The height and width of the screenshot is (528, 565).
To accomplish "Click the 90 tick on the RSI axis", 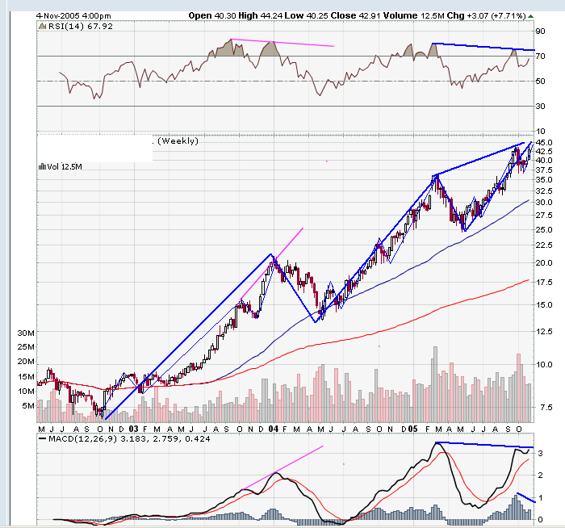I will (x=541, y=31).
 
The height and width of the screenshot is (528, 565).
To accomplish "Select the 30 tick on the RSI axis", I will (x=541, y=106).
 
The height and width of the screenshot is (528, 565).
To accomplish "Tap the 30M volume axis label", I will (x=24, y=333).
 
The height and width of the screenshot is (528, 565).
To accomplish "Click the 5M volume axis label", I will (x=27, y=406).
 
